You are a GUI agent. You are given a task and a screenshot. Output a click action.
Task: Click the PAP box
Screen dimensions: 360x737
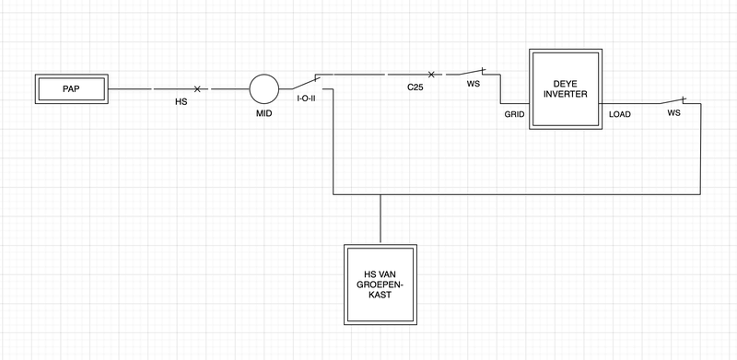point(71,90)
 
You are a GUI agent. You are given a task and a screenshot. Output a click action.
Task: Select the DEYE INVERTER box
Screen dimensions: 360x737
point(566,89)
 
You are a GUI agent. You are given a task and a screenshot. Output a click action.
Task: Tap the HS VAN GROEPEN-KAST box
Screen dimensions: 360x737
point(380,285)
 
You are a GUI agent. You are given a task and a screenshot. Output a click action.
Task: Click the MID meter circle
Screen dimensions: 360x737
point(263,89)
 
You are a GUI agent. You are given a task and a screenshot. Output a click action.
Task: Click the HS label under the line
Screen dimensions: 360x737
point(181,101)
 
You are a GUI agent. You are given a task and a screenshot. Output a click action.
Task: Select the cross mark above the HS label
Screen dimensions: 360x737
point(197,88)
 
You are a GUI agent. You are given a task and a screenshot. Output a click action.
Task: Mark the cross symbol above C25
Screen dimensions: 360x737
point(431,74)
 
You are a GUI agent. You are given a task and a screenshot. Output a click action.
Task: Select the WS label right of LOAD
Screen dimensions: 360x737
point(673,112)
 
